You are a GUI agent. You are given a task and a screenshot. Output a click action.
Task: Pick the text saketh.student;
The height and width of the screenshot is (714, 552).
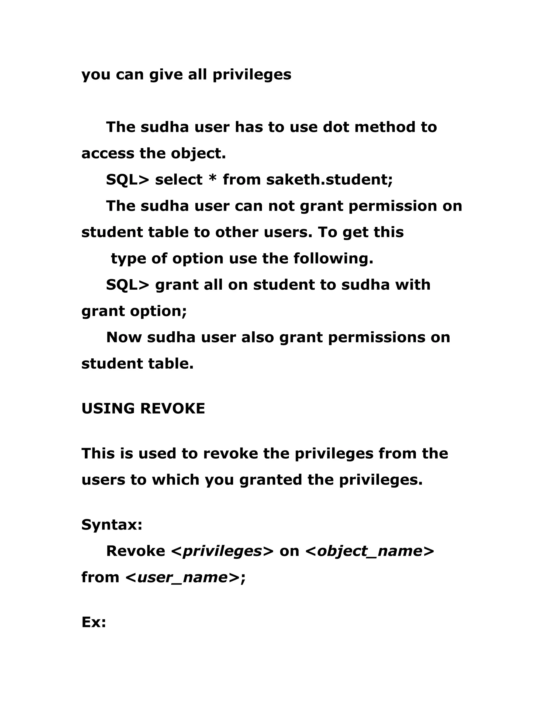pyautogui.click(x=329, y=180)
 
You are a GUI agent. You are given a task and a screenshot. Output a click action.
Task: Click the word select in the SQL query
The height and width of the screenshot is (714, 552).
pyautogui.click(x=178, y=180)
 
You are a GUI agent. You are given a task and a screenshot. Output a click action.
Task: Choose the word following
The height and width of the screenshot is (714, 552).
pyautogui.click(x=333, y=259)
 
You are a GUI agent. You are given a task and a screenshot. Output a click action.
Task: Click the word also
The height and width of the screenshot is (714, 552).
pyautogui.click(x=257, y=337)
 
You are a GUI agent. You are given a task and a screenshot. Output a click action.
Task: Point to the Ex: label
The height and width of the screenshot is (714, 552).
pyautogui.click(x=94, y=623)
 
